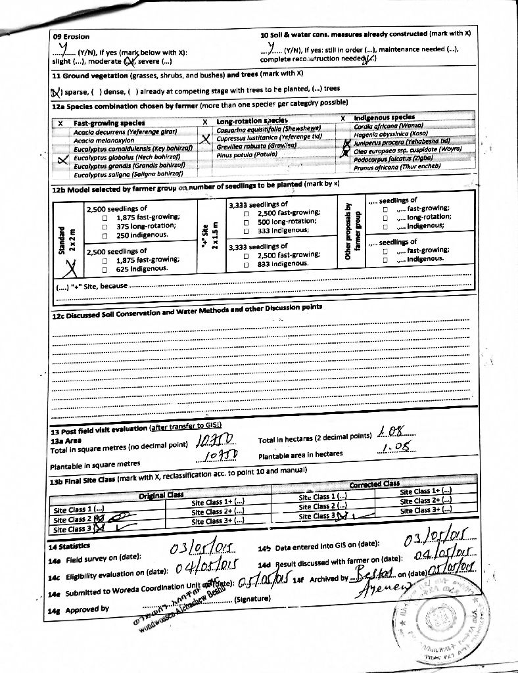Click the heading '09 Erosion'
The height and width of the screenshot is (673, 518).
(x=71, y=37)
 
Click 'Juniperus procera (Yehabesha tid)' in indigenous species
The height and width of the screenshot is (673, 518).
(x=401, y=141)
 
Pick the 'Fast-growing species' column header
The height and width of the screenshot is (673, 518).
(x=109, y=123)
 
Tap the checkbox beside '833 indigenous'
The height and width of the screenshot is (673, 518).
(x=245, y=264)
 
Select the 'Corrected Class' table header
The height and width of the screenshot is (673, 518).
(x=374, y=484)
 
